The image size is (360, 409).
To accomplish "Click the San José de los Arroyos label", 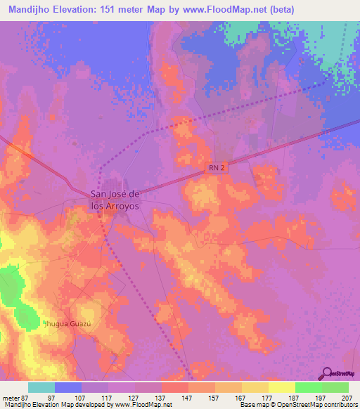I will tap(115, 200).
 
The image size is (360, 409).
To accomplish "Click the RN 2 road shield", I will tap(217, 168).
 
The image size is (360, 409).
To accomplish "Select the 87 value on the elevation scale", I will tap(25, 397).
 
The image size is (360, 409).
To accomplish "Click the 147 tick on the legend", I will tap(187, 397).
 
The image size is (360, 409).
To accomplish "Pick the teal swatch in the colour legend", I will tap(41, 387).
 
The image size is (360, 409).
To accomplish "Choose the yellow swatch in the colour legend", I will tap(282, 387).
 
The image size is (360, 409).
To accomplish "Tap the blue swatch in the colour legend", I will tap(68, 387).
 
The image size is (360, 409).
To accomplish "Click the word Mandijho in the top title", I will tap(27, 9).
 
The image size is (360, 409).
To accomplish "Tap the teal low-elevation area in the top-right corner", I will tap(337, 42).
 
